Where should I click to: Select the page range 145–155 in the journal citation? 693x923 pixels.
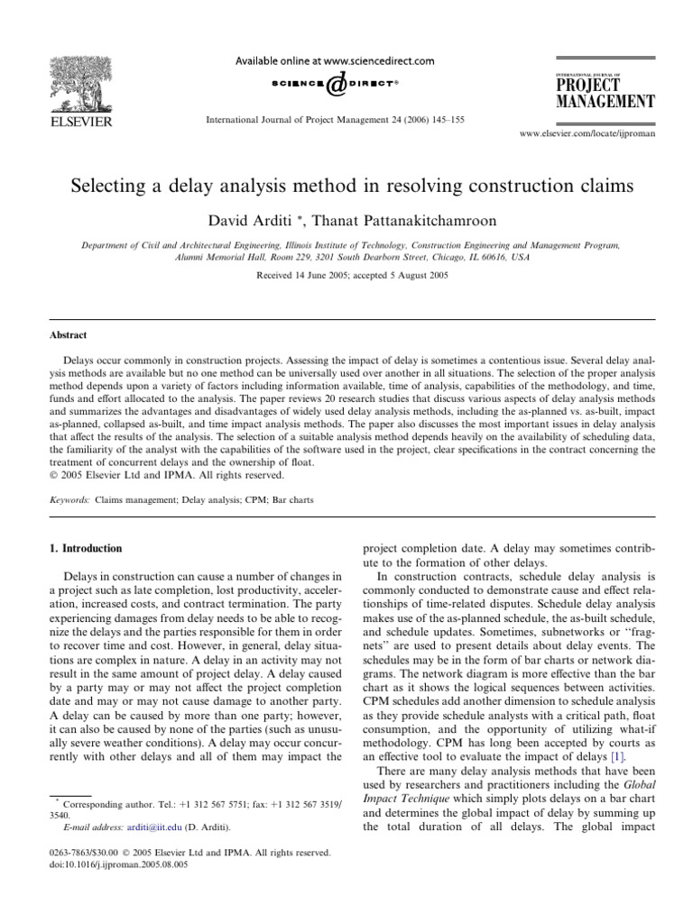446,119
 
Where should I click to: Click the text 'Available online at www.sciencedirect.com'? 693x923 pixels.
335,61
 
